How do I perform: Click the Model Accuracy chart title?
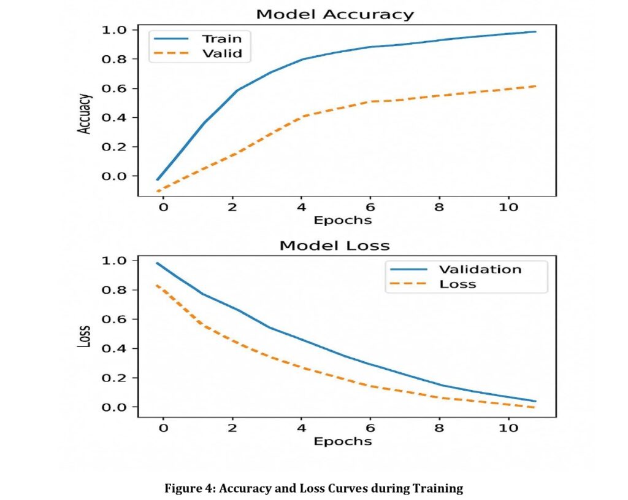(x=334, y=14)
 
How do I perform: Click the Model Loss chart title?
(x=334, y=246)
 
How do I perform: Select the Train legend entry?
(x=218, y=39)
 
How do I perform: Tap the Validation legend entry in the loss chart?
(x=480, y=270)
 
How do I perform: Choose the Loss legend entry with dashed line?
(x=458, y=284)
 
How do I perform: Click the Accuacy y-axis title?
(x=85, y=114)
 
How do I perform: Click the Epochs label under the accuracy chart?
(x=342, y=220)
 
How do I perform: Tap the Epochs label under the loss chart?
(x=342, y=441)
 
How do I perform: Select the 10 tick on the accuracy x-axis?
(x=508, y=207)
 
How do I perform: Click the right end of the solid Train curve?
(x=535, y=32)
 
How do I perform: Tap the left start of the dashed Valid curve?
(x=158, y=191)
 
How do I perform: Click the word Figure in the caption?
(x=181, y=489)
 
